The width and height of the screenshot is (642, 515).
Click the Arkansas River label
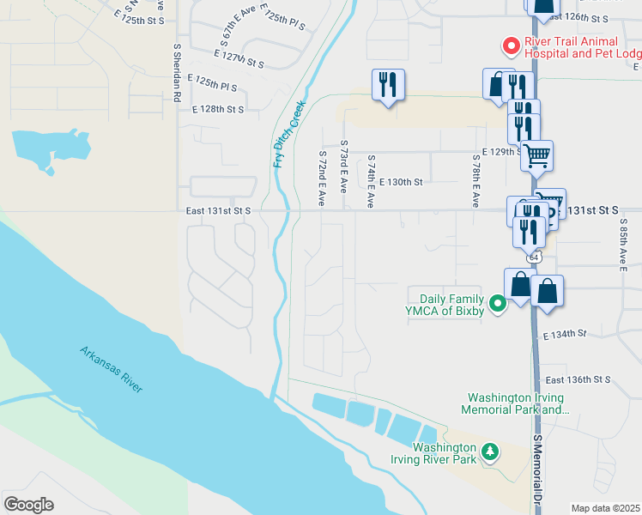click(112, 369)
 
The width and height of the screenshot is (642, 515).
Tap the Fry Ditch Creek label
click(288, 132)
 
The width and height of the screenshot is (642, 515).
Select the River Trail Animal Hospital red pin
click(511, 45)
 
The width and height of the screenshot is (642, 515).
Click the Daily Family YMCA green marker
click(496, 304)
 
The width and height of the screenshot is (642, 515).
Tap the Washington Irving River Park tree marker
click(489, 451)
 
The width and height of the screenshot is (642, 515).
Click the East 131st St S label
click(218, 210)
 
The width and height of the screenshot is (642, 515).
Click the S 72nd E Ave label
click(322, 179)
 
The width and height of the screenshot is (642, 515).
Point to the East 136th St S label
click(578, 379)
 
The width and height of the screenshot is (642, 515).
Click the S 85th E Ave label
click(623, 245)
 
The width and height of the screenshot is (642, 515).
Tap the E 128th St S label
click(218, 110)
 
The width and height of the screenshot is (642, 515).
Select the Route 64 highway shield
click(533, 257)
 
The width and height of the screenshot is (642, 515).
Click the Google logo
click(28, 504)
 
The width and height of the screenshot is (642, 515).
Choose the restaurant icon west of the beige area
click(388, 84)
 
